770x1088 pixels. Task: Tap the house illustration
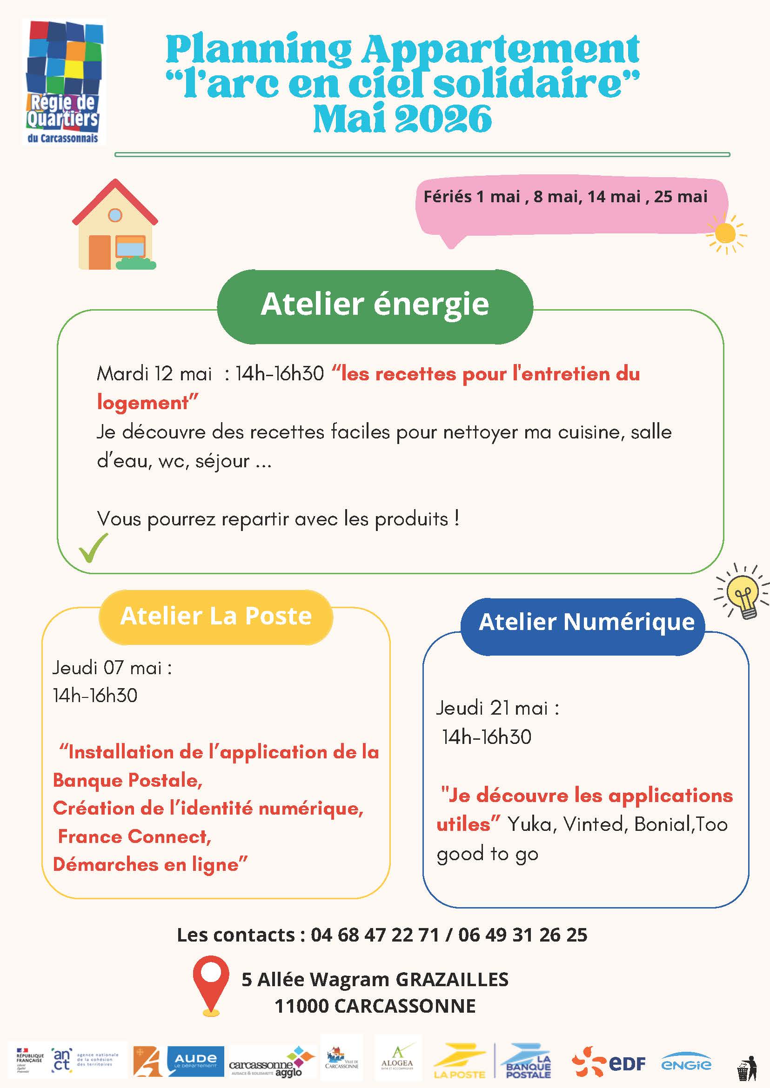pos(115,225)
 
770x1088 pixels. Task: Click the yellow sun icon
pos(725,233)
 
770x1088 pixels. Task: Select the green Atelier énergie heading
pos(375,304)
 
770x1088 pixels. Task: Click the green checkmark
pos(93,548)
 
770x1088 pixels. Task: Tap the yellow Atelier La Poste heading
pos(216,617)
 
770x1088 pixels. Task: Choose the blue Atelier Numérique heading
pos(586,622)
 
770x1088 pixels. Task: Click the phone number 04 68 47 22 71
pos(375,935)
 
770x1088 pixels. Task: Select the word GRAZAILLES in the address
pos(451,980)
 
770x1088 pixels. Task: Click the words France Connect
pos(134,837)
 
